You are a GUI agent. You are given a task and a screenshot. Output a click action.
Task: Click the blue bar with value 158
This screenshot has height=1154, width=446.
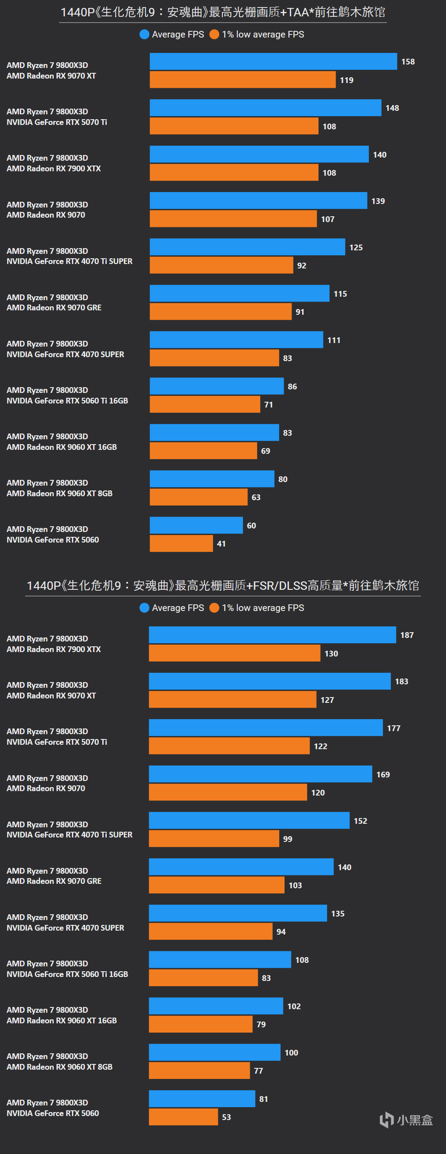tap(273, 61)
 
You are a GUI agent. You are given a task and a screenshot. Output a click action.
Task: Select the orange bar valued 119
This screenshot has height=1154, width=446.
tap(242, 80)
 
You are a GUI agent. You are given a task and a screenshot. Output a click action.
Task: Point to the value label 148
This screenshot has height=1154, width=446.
tap(392, 108)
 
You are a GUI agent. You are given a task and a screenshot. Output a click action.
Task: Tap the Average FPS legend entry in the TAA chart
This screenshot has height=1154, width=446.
tap(172, 34)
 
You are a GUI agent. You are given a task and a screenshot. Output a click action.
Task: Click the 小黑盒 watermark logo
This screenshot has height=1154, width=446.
tap(406, 1120)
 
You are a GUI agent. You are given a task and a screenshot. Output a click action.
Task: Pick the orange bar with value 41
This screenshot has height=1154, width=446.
tap(181, 543)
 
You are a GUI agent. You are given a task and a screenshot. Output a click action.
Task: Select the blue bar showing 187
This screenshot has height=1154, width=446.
tap(272, 635)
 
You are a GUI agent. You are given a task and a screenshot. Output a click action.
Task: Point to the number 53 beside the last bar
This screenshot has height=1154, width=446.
tap(227, 1117)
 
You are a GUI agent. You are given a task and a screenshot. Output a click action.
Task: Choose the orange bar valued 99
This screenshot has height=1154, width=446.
tap(214, 839)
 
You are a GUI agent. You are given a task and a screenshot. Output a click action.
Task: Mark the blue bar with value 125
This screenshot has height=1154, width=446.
tap(247, 247)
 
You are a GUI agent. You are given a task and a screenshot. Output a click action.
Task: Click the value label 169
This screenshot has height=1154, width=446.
tap(383, 775)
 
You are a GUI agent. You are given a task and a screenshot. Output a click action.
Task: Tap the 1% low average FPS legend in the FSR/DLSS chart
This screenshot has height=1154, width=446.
tap(257, 608)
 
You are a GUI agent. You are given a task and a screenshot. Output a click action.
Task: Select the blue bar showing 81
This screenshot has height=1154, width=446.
tap(202, 1098)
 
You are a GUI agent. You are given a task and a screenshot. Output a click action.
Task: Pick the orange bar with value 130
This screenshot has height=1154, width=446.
tap(234, 653)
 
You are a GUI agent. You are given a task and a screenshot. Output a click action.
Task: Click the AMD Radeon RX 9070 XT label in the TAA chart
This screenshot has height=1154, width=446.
tap(51, 75)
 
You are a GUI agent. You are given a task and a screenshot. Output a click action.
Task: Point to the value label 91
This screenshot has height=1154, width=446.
tap(300, 312)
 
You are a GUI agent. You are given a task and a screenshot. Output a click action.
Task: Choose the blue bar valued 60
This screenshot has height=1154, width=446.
tap(196, 525)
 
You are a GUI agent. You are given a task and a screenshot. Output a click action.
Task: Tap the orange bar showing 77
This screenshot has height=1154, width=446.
tap(199, 1071)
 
